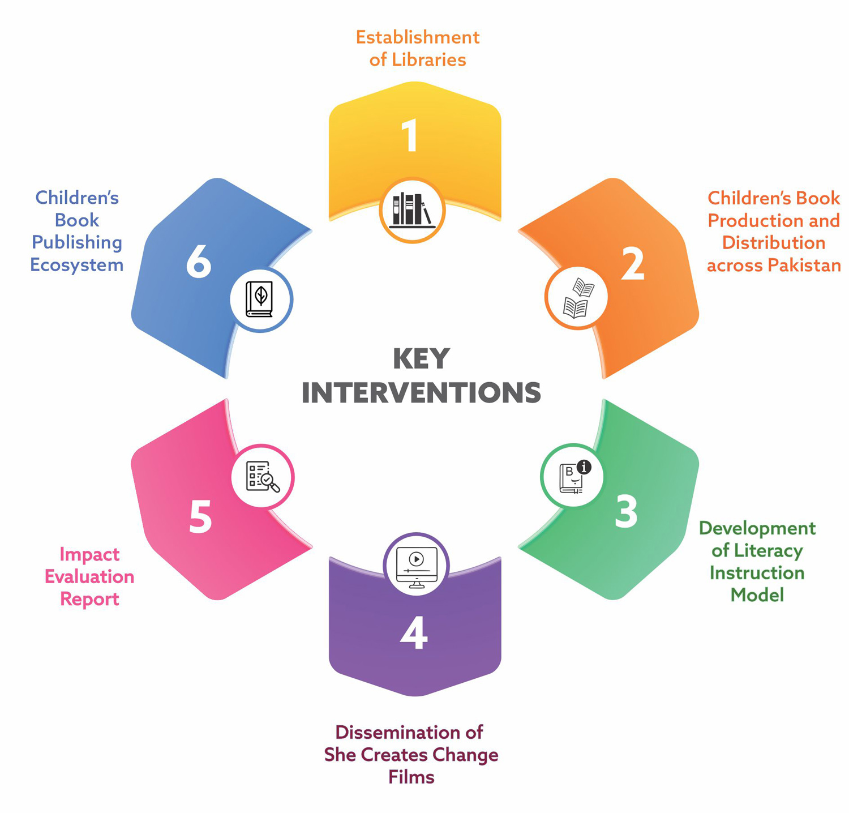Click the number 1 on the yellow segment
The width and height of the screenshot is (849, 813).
tap(409, 136)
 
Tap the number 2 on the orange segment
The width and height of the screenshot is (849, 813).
tap(632, 263)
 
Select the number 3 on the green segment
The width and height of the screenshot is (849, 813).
tap(626, 512)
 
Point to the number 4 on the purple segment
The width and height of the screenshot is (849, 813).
tap(414, 632)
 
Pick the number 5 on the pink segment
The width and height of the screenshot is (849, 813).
tap(200, 516)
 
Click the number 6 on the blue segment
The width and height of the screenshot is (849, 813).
tap(199, 261)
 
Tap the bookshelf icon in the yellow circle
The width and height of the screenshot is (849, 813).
tap(412, 210)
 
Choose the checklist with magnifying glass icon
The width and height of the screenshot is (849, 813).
tap(263, 477)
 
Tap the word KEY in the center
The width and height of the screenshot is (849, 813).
tap(422, 358)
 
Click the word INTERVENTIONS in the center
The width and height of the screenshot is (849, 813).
tap(421, 393)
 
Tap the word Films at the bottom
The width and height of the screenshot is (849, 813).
tap(411, 777)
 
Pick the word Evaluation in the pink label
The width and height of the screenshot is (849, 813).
tap(89, 576)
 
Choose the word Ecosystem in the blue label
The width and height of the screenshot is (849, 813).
tap(77, 265)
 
